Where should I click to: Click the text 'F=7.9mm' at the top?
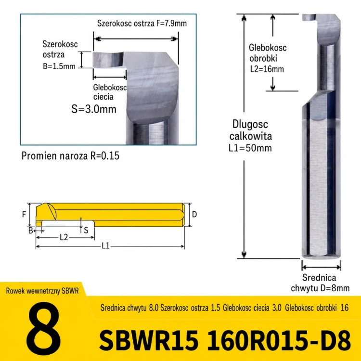coord(171,23)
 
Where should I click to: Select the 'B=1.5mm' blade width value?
coord(59,66)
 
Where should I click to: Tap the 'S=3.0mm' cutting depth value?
coord(94,109)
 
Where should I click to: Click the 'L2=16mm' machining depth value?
coord(267,69)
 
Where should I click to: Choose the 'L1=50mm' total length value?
coord(250,148)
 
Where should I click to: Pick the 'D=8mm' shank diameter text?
coord(335,288)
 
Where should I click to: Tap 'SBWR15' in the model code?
coord(149,340)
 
